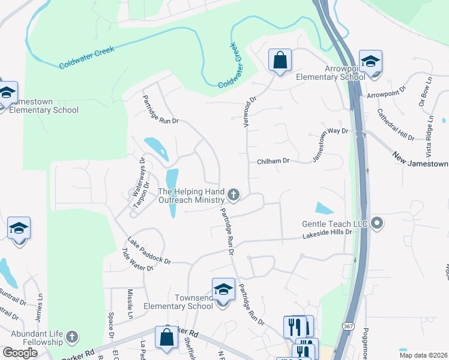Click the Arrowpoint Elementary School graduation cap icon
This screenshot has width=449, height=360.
370,61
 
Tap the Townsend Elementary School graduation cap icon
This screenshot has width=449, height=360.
223,290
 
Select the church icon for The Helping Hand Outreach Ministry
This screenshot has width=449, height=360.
234,194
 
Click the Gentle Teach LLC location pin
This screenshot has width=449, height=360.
377,223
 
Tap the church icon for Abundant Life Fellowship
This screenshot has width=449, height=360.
72,336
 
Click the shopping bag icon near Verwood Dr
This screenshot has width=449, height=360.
280,60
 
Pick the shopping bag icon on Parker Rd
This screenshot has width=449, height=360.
166,338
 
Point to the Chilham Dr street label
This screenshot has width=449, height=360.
273,161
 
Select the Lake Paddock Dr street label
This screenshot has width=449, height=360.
150,252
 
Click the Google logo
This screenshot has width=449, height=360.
19,352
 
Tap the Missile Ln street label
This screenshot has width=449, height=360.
130,304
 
